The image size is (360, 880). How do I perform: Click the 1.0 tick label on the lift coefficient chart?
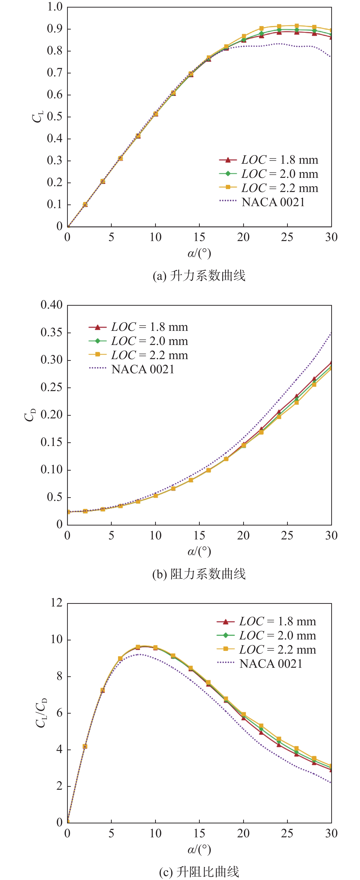(x=55, y=7)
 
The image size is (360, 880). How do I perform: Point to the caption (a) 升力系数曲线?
(x=199, y=276)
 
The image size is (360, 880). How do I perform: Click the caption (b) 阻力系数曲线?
(x=199, y=574)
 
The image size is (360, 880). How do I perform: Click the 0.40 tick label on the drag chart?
(x=51, y=305)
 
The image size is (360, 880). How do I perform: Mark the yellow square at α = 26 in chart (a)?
(x=297, y=26)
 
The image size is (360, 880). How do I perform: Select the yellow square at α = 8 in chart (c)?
(x=138, y=647)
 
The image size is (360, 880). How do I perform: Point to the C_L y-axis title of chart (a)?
(x=38, y=116)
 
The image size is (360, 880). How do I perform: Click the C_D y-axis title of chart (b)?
(x=30, y=415)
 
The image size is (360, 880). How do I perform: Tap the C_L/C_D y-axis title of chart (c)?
(x=41, y=713)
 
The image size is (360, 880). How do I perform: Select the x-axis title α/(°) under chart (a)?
(x=199, y=253)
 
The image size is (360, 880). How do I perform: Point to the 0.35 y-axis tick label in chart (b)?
(x=51, y=332)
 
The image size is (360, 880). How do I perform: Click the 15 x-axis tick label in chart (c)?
(x=199, y=834)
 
